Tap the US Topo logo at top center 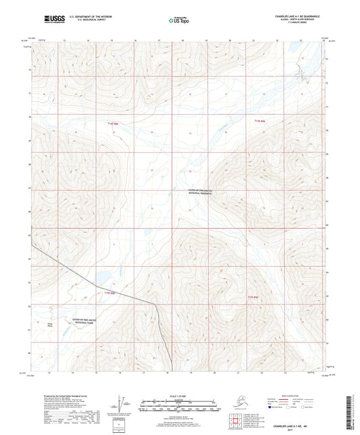tap(178, 20)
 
